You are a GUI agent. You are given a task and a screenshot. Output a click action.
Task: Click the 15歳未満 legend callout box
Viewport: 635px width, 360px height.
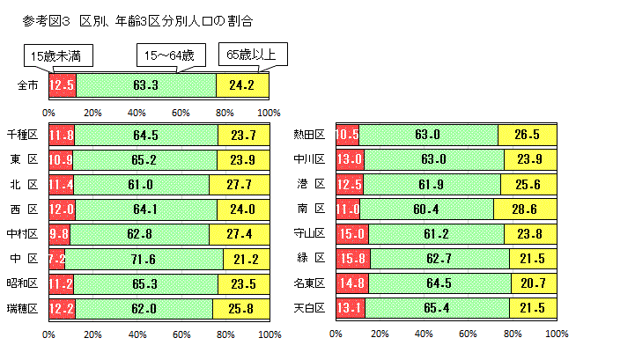tap(56, 56)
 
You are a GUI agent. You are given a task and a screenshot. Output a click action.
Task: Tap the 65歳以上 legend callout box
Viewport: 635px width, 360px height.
tap(250, 55)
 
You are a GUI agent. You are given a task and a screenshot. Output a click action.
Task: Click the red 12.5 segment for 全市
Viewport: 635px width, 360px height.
tap(63, 85)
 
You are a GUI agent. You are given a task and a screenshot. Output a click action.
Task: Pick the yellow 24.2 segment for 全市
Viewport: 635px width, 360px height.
tap(242, 85)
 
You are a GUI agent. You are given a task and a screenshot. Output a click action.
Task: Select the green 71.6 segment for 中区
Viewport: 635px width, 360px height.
tap(144, 259)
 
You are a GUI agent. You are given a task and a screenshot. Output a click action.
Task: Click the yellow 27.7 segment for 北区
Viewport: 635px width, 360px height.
tap(239, 184)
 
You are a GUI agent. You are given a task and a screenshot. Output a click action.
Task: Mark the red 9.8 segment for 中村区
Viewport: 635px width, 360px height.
tap(59, 233)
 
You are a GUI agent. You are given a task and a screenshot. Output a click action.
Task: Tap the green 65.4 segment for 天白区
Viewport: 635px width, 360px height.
tap(436, 307)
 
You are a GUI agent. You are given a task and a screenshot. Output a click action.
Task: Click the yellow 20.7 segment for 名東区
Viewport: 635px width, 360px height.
tap(534, 283)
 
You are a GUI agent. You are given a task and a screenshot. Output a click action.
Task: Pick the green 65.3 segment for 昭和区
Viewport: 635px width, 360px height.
tap(145, 283)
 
